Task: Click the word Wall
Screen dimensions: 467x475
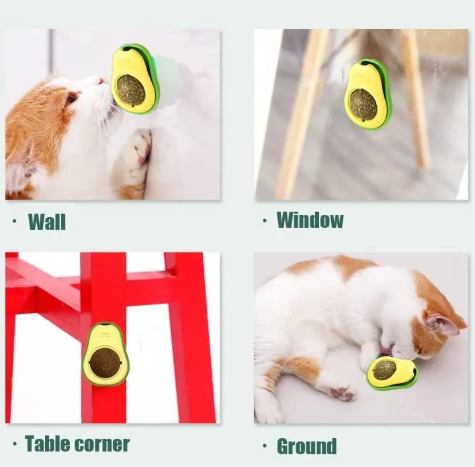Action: (x=46, y=221)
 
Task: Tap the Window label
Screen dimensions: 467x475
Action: (x=310, y=220)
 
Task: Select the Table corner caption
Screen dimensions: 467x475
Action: (x=77, y=443)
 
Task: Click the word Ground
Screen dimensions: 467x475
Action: (x=306, y=445)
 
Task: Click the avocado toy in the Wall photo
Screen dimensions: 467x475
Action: (x=134, y=78)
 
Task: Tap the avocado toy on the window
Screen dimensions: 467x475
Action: (x=368, y=94)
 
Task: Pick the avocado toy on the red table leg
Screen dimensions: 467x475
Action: (x=105, y=354)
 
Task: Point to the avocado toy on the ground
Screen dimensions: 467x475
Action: (x=392, y=372)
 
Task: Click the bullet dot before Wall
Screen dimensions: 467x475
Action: (x=15, y=220)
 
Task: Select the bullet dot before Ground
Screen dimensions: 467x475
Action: (x=263, y=445)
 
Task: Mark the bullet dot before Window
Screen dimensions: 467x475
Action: (x=264, y=220)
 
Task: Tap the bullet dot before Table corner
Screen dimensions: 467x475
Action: (x=14, y=444)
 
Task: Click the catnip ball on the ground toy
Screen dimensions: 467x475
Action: (x=384, y=370)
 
